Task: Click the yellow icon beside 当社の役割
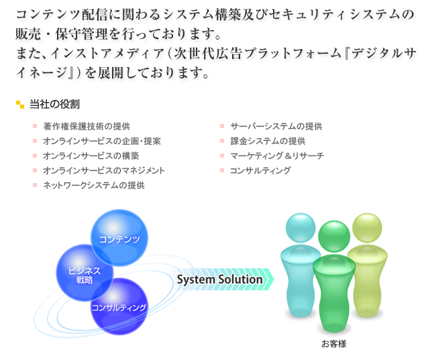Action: (x=20, y=105)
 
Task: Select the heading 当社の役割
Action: (x=54, y=105)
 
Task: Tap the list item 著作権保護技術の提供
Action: (x=87, y=126)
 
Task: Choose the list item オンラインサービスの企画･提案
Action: (x=102, y=141)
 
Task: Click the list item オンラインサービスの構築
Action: (x=91, y=156)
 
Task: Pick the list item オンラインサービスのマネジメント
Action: (x=104, y=170)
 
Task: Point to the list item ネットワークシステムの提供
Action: (x=94, y=186)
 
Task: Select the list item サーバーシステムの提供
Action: (x=276, y=126)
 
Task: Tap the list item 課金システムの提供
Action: (x=268, y=141)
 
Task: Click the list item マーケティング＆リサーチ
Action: (x=277, y=156)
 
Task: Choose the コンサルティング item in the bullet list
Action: (x=260, y=170)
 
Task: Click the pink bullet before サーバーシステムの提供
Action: (x=222, y=126)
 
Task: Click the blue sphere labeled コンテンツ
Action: (x=119, y=238)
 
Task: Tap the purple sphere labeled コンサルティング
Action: (x=119, y=307)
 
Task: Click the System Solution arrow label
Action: (x=220, y=280)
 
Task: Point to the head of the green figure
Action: (x=334, y=237)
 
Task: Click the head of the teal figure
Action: (x=301, y=228)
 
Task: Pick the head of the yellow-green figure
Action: (x=367, y=228)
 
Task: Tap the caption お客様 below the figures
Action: (x=334, y=344)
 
